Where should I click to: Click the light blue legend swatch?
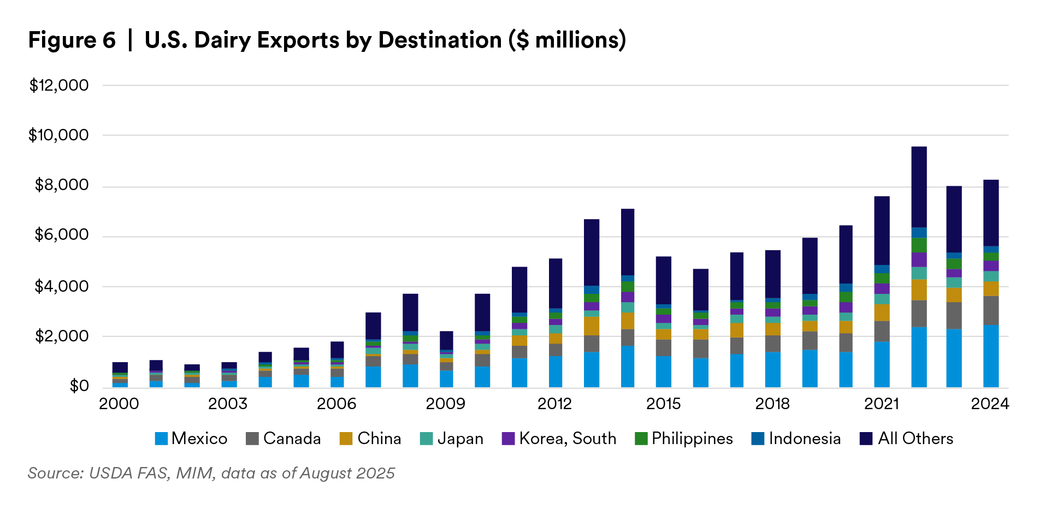point(161,439)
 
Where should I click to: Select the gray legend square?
point(252,439)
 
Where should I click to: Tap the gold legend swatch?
point(346,439)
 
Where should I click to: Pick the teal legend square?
point(426,439)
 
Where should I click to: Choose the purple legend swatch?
point(508,439)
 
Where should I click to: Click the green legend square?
point(641,439)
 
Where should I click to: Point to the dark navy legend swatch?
point(866,439)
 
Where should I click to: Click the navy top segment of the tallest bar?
point(919,186)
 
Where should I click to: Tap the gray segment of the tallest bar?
point(919,314)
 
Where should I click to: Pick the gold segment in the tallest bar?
point(919,290)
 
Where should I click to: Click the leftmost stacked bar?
point(120,375)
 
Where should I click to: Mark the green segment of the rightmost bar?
point(991,256)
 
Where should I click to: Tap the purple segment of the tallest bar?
point(919,259)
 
